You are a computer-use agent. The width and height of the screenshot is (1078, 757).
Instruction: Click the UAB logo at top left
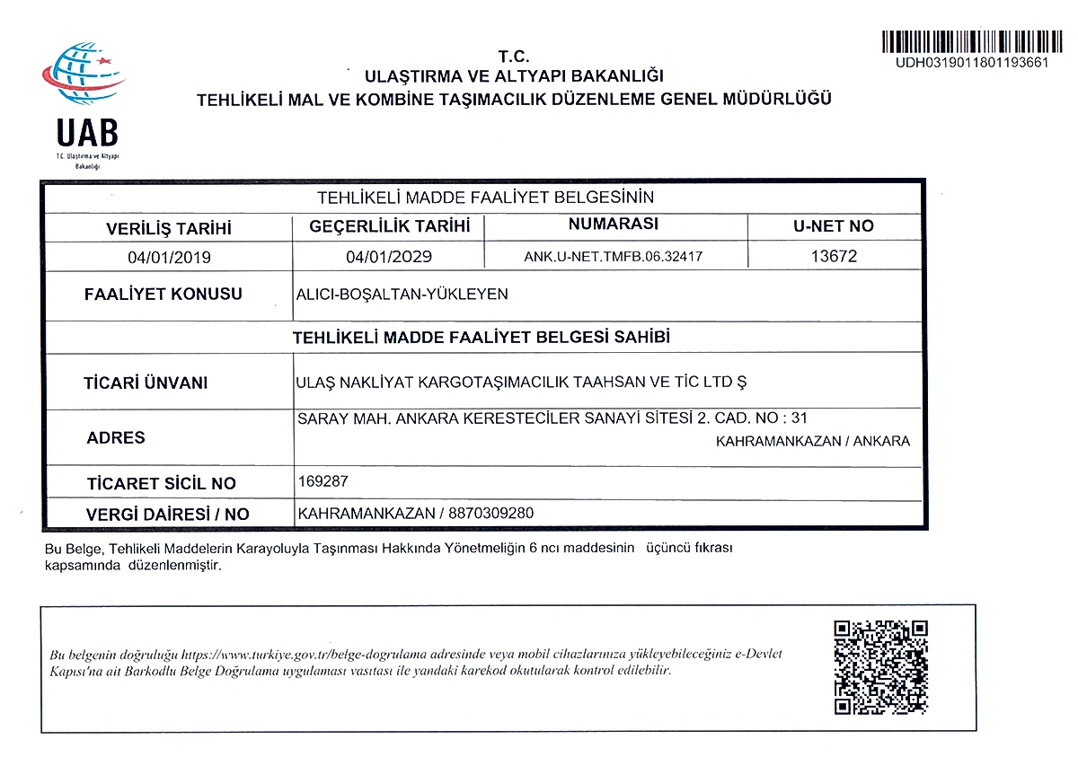(x=86, y=103)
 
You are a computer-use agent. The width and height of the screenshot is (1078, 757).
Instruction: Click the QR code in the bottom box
(x=879, y=667)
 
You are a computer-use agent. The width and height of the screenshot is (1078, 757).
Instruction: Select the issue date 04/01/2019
(x=169, y=257)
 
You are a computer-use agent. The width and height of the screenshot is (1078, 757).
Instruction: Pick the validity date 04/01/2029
(x=389, y=257)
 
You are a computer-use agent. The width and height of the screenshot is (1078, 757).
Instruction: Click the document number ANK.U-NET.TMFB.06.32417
(x=613, y=257)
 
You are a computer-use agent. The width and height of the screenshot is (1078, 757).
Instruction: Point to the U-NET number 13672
(x=834, y=256)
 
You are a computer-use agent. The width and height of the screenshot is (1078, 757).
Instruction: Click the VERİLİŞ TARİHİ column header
(x=169, y=228)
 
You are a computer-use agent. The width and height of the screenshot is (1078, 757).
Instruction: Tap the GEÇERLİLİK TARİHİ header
(x=390, y=226)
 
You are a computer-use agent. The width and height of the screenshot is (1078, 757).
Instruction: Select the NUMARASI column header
(x=614, y=224)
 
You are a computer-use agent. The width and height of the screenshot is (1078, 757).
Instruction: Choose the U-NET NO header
(x=834, y=226)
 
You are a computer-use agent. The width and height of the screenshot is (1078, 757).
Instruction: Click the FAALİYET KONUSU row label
(x=163, y=295)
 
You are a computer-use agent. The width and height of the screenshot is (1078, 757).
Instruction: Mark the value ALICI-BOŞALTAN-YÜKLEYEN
(x=402, y=294)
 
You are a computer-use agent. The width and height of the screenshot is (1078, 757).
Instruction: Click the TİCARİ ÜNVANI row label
(x=146, y=383)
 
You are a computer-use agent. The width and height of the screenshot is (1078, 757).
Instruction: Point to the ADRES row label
(x=116, y=438)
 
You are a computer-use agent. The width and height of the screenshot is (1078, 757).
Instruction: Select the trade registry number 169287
(x=322, y=481)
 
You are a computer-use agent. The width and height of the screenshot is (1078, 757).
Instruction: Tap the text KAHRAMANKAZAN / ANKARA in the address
(x=813, y=441)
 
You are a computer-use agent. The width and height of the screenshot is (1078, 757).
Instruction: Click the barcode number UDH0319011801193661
(x=971, y=63)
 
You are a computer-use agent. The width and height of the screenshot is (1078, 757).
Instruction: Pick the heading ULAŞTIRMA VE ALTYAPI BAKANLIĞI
(x=514, y=76)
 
